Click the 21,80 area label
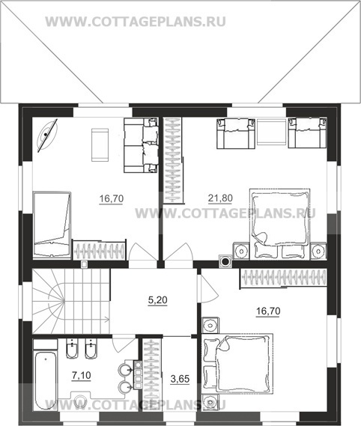pos(220,198)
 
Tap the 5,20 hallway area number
pos(158,300)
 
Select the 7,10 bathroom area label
pos(82,376)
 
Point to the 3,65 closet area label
pos(180,379)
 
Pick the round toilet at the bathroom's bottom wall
pos(81,401)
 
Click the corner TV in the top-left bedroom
pos(46,135)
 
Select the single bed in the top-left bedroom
pos(52,224)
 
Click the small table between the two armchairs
pos(271,133)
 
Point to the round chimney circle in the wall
pos(225,261)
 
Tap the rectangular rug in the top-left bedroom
pos(100,144)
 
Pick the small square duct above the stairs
pos(84,264)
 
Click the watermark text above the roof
pos(136,22)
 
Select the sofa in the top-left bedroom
pos(141,145)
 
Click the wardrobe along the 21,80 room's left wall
pos(173,160)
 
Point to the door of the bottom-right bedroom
pos(208,288)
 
